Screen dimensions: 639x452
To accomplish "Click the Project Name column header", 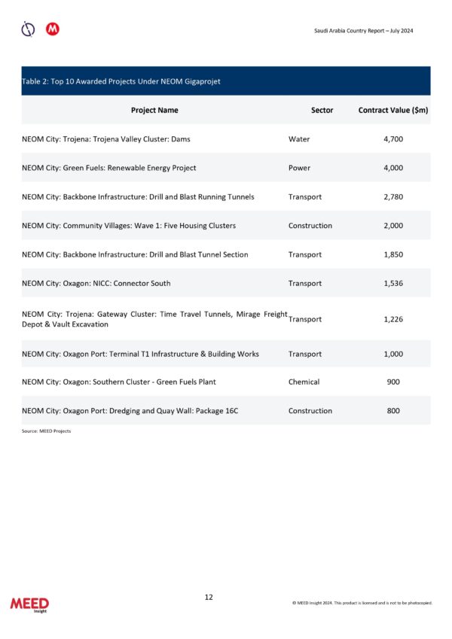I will point(154,110).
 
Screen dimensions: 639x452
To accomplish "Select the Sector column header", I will point(322,110).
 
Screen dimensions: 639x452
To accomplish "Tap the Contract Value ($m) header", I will point(393,110).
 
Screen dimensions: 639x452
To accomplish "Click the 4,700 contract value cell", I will point(393,139).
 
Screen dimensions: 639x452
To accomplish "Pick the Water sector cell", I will point(299,139).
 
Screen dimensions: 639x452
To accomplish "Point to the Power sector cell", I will point(300,168).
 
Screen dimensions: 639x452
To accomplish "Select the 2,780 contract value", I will point(393,197).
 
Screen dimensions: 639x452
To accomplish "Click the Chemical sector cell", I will point(304,382).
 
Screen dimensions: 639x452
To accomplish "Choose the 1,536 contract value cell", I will point(393,284).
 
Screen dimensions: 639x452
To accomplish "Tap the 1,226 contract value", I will point(393,319).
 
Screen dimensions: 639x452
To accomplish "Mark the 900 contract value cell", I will point(393,382).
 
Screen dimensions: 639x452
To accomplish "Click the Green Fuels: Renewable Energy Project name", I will point(109,168).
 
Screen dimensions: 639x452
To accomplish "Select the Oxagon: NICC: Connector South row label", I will point(96,284).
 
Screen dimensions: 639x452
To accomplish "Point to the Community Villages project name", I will point(129,226).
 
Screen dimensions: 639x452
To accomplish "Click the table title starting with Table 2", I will point(121,81).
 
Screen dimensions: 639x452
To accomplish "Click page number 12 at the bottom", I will point(209,597).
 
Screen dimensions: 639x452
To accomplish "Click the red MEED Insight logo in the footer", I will point(29,605).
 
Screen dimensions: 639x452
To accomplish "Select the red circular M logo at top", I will point(53,29).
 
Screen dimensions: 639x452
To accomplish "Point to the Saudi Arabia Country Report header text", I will point(363,31).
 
